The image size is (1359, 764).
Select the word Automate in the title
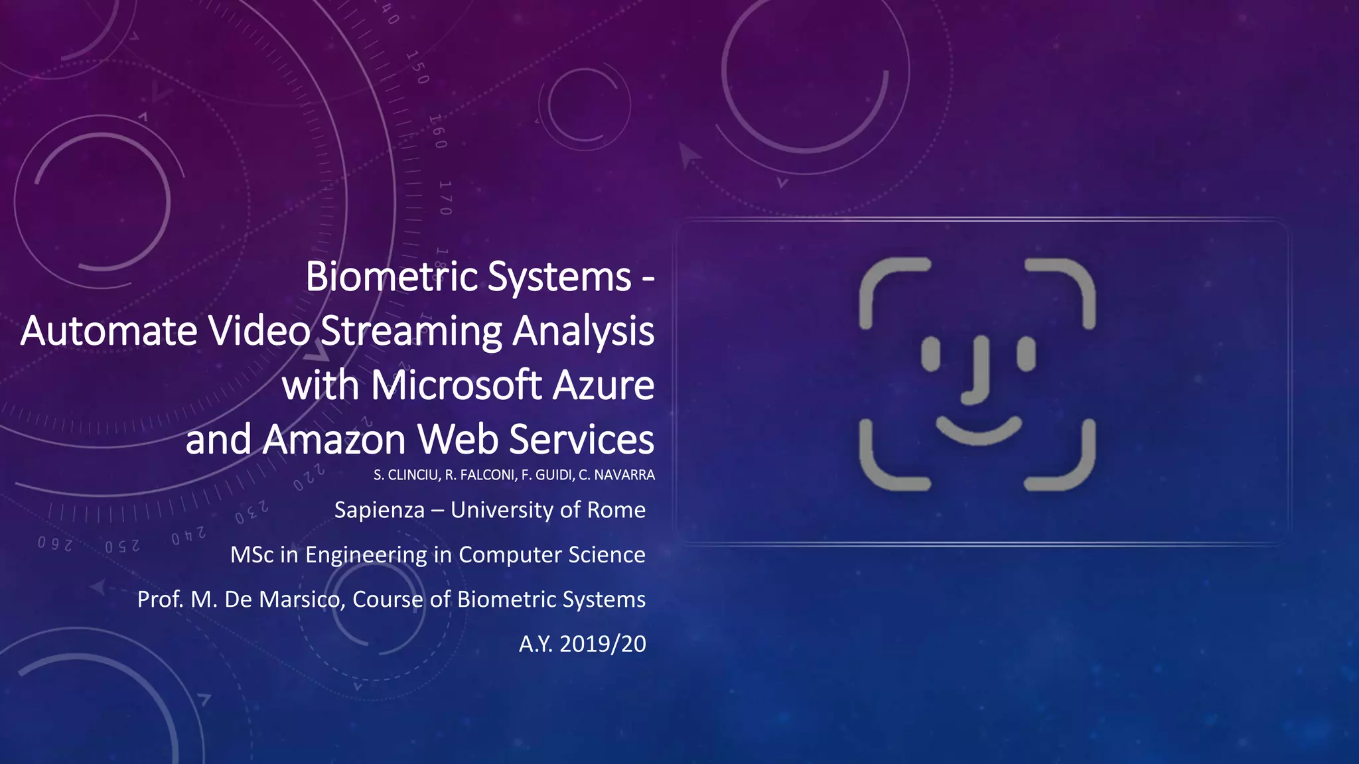pyautogui.click(x=109, y=331)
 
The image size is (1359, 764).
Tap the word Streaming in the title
pyautogui.click(x=411, y=332)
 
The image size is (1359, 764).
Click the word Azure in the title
pyautogui.click(x=603, y=385)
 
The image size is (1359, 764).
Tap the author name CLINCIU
pyautogui.click(x=412, y=475)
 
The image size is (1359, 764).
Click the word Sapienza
pyautogui.click(x=379, y=510)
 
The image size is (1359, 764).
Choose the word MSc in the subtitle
pyautogui.click(x=251, y=554)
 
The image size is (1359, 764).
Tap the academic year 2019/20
pyautogui.click(x=603, y=643)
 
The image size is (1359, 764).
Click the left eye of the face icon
pyautogui.click(x=931, y=353)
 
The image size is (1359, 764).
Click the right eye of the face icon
pyautogui.click(x=1026, y=353)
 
